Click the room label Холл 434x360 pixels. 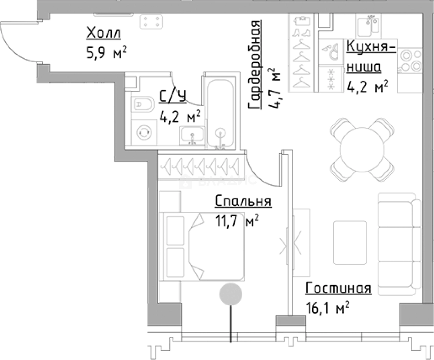click(103, 33)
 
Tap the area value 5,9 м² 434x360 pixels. click(106, 53)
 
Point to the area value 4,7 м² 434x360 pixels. click(274, 88)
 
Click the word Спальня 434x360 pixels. click(243, 201)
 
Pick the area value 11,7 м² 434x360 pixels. click(237, 221)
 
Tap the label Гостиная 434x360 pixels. click(338, 288)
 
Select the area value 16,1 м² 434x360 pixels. click(327, 308)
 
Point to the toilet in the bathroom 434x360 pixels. click(143, 104)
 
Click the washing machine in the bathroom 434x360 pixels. click(144, 132)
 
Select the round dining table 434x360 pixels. click(362, 149)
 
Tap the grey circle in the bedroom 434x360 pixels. click(231, 294)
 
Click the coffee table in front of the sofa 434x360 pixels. click(350, 243)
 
